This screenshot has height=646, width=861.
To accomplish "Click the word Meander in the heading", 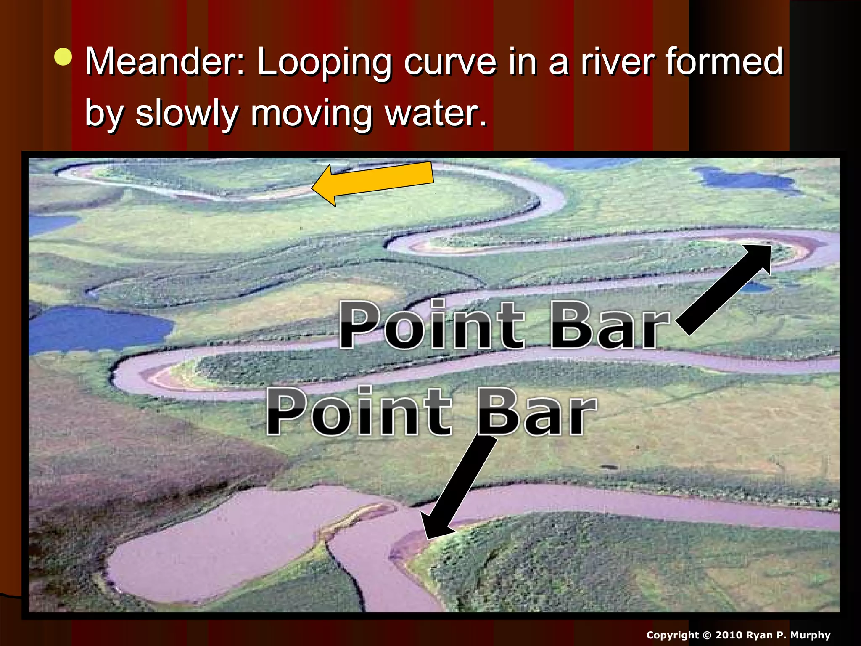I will [164, 62].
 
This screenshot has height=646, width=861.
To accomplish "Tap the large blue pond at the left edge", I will [99, 328].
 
